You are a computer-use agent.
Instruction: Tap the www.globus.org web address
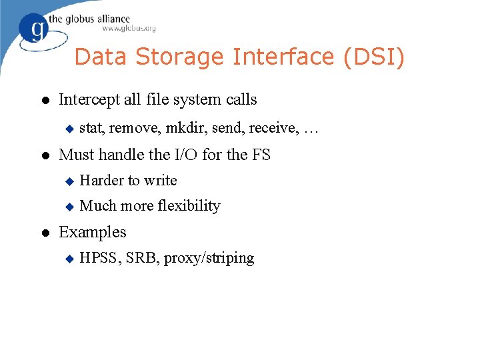coord(129,28)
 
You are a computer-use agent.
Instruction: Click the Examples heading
coord(93,232)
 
